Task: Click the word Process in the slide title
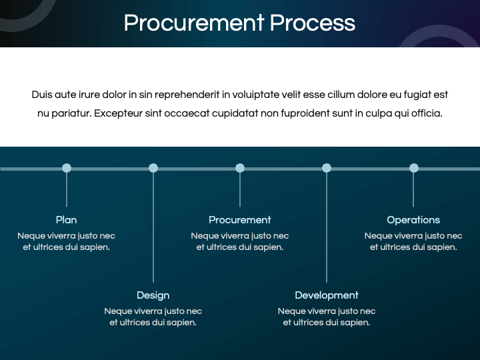point(312,23)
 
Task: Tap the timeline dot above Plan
point(67,168)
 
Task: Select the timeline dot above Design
point(153,168)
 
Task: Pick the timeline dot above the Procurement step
point(240,168)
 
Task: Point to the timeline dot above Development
point(327,168)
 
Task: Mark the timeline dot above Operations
point(413,168)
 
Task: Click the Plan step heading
point(67,220)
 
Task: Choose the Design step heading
point(153,295)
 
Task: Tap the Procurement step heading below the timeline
point(240,220)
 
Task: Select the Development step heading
point(327,295)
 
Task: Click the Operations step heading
point(413,220)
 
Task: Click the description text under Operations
point(413,241)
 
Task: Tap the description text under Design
point(153,317)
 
